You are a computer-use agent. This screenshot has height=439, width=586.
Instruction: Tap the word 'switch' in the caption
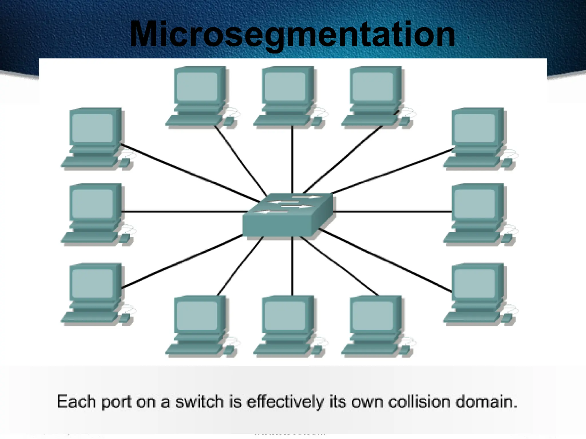(199, 402)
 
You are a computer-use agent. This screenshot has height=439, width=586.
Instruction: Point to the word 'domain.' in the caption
(486, 402)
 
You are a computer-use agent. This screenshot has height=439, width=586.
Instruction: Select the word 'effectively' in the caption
(285, 402)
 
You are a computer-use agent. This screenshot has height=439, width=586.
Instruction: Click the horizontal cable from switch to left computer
(183, 211)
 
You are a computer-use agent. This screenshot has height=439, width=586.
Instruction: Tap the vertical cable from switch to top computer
(292, 160)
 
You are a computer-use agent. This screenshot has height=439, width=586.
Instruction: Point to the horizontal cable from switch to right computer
(392, 211)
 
